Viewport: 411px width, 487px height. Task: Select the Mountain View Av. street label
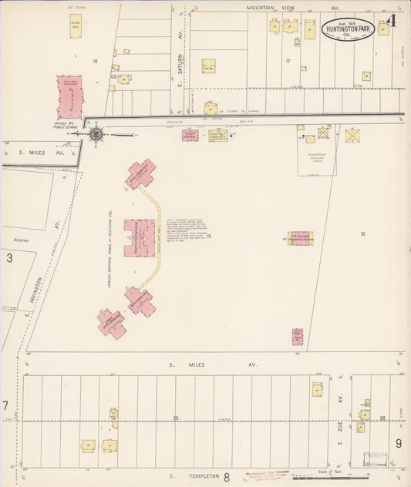pyautogui.click(x=293, y=7)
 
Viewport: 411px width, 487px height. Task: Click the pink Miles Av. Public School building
pyautogui.click(x=69, y=97)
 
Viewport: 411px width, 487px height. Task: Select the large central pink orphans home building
pyautogui.click(x=140, y=237)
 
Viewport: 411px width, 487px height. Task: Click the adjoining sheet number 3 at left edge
pyautogui.click(x=9, y=257)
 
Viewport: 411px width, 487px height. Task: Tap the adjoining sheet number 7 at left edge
pyautogui.click(x=5, y=405)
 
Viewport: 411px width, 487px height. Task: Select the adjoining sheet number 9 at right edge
pyautogui.click(x=399, y=442)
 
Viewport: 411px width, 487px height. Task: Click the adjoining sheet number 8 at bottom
pyautogui.click(x=227, y=477)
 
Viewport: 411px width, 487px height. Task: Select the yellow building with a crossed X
pyautogui.click(x=352, y=136)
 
